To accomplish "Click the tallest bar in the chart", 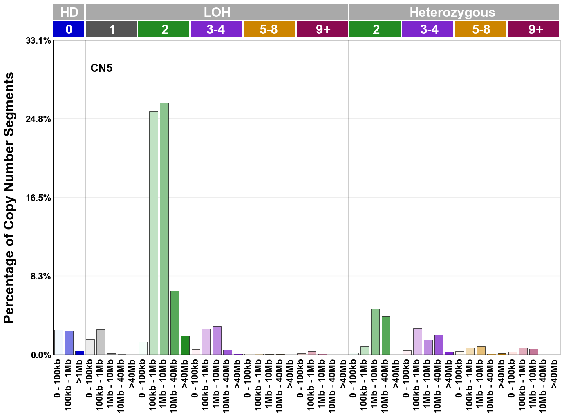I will click(164, 229).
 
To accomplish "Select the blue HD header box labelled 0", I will click(69, 29).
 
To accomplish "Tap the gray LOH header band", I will click(217, 12).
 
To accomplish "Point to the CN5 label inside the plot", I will click(101, 68).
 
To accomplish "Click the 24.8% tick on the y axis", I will click(38, 119).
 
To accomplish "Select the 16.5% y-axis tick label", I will click(38, 198).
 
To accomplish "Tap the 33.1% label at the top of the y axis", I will click(38, 41).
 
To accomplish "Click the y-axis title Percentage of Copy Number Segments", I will click(9, 198).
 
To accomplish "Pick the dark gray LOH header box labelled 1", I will click(111, 29).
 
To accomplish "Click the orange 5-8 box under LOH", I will click(269, 29).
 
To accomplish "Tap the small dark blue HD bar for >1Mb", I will click(79, 352).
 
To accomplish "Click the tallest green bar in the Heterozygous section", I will click(375, 332).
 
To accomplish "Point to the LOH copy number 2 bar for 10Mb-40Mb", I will click(175, 323).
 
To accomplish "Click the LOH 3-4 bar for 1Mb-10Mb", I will click(217, 340).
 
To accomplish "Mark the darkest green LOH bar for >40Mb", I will click(185, 345).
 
